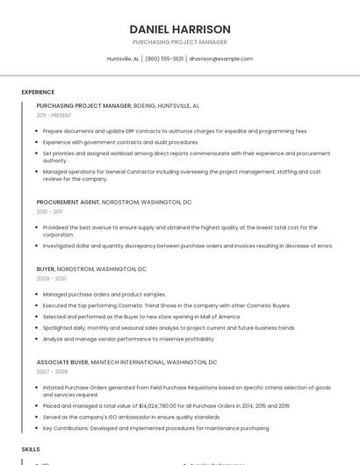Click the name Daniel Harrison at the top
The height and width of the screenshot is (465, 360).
click(x=179, y=29)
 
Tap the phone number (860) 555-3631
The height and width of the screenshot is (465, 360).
click(x=164, y=59)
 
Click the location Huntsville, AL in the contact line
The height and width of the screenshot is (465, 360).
click(x=123, y=59)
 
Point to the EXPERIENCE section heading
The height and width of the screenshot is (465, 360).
click(x=38, y=92)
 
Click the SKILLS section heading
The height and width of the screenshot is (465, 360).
click(x=31, y=448)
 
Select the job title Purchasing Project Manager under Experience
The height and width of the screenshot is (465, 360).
click(x=83, y=105)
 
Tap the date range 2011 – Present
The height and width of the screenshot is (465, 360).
click(x=54, y=115)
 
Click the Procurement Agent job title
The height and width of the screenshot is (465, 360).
click(x=68, y=202)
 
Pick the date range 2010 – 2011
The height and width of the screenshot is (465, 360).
click(x=49, y=211)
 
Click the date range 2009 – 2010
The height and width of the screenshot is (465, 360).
click(x=51, y=278)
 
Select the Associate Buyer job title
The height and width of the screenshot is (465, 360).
click(x=62, y=361)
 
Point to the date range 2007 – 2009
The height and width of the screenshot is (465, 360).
click(x=51, y=371)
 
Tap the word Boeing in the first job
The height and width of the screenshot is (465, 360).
click(x=146, y=105)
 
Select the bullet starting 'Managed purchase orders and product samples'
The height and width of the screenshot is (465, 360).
click(x=104, y=294)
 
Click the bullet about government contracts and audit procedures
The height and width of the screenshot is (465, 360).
click(x=120, y=142)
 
